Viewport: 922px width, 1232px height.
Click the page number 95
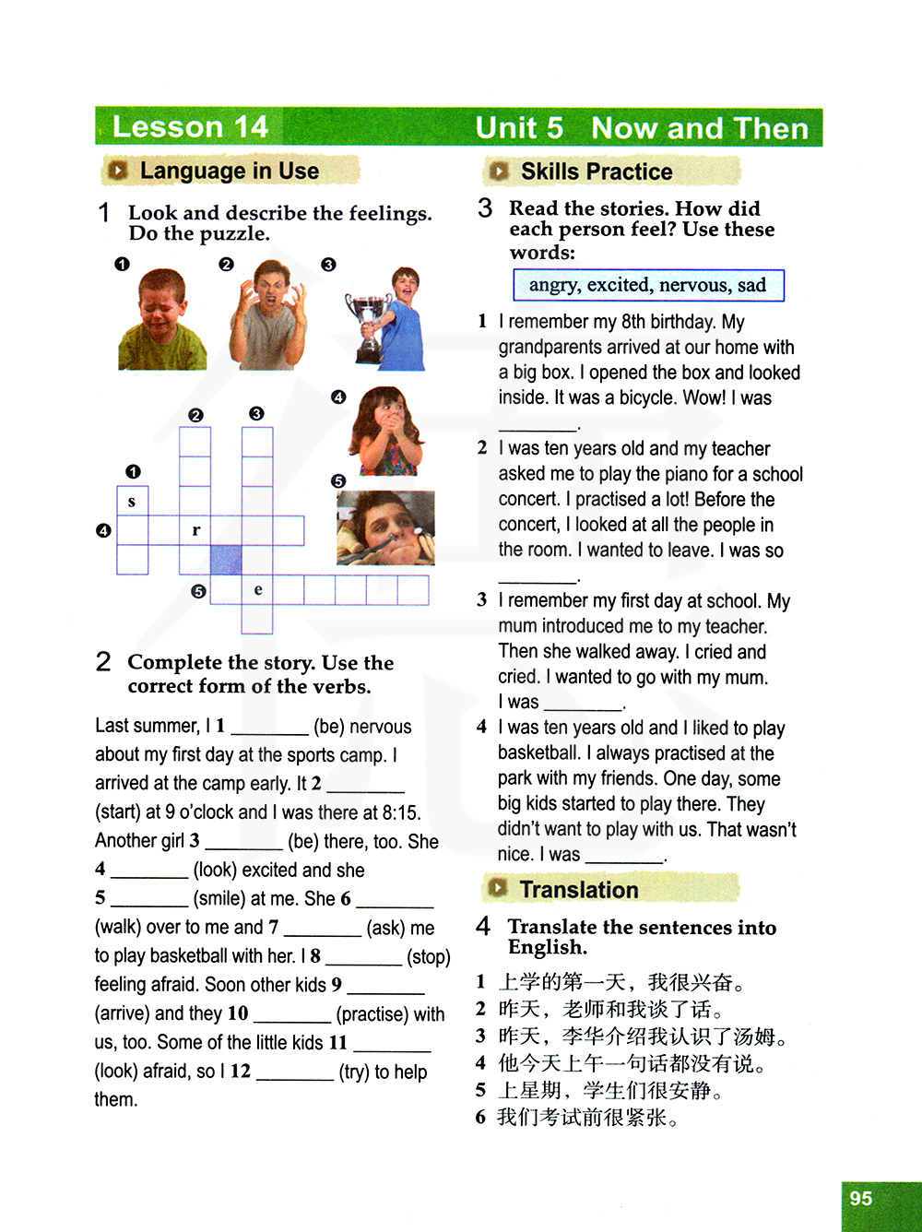[861, 1198]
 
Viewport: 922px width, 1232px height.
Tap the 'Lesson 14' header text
[190, 126]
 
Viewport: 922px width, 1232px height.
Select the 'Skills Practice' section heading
[596, 172]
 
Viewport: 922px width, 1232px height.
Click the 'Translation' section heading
[578, 890]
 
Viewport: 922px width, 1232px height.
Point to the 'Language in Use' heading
[229, 171]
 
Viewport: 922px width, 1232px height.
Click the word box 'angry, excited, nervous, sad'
[647, 285]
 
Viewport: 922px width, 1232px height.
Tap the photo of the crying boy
[162, 320]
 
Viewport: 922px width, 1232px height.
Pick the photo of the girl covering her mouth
[386, 432]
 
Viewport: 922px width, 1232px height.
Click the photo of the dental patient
[385, 528]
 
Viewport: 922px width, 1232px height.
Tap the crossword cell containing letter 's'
[132, 501]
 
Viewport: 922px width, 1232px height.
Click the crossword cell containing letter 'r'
[195, 530]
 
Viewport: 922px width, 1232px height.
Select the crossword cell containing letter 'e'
[257, 589]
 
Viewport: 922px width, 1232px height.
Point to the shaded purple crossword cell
[226, 560]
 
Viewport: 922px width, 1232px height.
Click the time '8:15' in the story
[401, 812]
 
